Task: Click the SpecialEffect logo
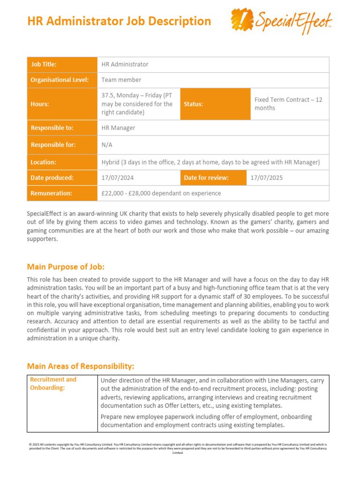[x=282, y=22]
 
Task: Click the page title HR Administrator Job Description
[x=119, y=21]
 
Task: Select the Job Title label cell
[x=61, y=64]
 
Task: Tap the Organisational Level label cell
[x=61, y=80]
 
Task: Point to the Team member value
[x=121, y=80]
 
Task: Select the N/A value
[x=107, y=145]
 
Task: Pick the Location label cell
[x=61, y=162]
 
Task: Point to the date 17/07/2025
[x=267, y=178]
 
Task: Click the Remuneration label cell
[x=61, y=193]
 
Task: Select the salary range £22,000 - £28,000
[x=161, y=193]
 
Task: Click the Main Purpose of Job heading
[x=66, y=267]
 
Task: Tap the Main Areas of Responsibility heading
[x=81, y=366]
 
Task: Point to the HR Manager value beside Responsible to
[x=119, y=127]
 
